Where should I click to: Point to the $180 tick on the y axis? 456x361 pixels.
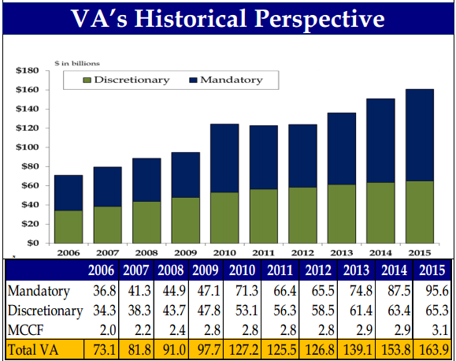[28, 71]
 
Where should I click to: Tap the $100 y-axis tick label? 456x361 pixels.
[28, 147]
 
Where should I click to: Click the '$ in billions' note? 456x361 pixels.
[76, 62]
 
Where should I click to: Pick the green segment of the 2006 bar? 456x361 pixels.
[69, 226]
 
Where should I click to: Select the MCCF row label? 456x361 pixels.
[25, 329]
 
